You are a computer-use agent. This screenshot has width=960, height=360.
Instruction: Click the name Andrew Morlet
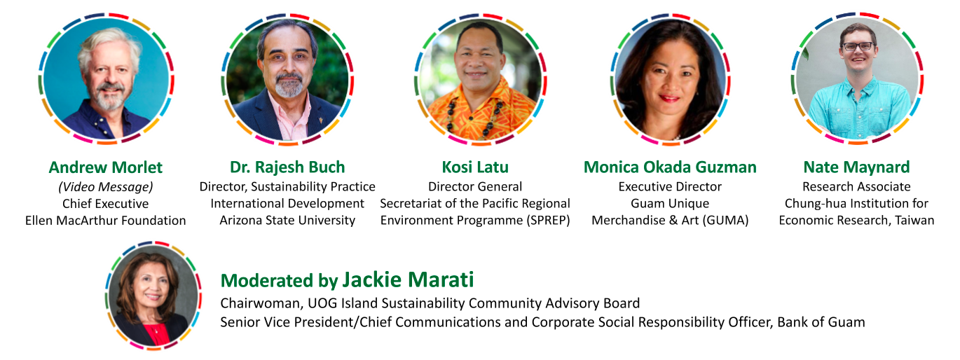[105, 167]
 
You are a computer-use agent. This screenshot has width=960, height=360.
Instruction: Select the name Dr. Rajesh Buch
[287, 167]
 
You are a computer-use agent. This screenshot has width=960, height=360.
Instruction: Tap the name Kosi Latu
[475, 167]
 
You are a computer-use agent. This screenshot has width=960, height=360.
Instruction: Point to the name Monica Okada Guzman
[670, 167]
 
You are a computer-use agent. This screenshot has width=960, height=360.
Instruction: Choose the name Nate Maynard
[856, 167]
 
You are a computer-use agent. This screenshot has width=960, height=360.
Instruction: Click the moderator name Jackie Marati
[408, 280]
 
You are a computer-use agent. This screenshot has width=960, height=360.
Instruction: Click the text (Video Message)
[105, 187]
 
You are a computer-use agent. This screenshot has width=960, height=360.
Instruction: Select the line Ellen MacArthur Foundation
[105, 221]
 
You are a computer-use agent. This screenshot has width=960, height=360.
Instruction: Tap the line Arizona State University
[287, 221]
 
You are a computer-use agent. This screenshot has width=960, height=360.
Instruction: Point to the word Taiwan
[914, 221]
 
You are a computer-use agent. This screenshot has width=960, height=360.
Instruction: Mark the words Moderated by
[280, 281]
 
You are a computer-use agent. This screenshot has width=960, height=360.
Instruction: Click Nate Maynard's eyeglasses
[858, 46]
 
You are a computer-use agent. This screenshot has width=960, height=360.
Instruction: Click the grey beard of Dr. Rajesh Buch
[289, 85]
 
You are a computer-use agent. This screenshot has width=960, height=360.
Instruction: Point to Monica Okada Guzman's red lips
[669, 98]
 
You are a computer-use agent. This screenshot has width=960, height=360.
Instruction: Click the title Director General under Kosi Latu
[475, 187]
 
